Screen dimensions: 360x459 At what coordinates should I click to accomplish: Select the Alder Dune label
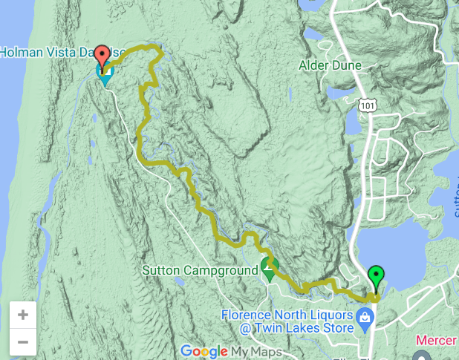pos(330,65)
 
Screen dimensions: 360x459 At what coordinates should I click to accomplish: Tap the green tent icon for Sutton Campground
pos(269,271)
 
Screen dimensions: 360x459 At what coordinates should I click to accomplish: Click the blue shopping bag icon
pos(365,320)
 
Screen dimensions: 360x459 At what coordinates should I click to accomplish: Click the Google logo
pos(204,351)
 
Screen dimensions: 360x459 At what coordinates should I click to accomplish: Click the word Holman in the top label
pos(22,53)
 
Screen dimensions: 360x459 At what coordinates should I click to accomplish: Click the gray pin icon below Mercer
pos(423,355)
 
